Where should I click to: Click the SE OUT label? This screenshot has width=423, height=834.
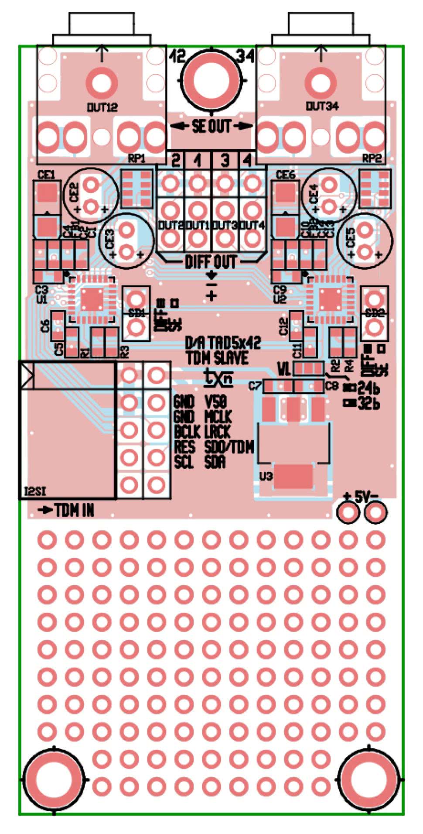pyautogui.click(x=211, y=127)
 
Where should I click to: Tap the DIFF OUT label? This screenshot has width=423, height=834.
pyautogui.click(x=211, y=262)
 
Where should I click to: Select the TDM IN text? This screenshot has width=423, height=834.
pyautogui.click(x=74, y=510)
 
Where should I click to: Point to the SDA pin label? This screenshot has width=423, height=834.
pyautogui.click(x=215, y=462)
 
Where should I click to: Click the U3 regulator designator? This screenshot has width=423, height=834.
pyautogui.click(x=266, y=475)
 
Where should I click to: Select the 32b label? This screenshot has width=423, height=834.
pyautogui.click(x=368, y=404)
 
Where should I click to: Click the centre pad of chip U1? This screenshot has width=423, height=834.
pyautogui.click(x=92, y=300)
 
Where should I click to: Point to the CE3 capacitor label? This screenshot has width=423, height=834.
pyautogui.click(x=110, y=238)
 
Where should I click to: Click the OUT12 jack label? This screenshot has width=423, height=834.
pyautogui.click(x=102, y=107)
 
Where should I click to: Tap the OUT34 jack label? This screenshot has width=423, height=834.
pyautogui.click(x=322, y=106)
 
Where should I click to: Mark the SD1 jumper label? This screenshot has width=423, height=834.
pyautogui.click(x=137, y=313)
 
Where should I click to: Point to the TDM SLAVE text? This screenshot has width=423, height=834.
pyautogui.click(x=217, y=358)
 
